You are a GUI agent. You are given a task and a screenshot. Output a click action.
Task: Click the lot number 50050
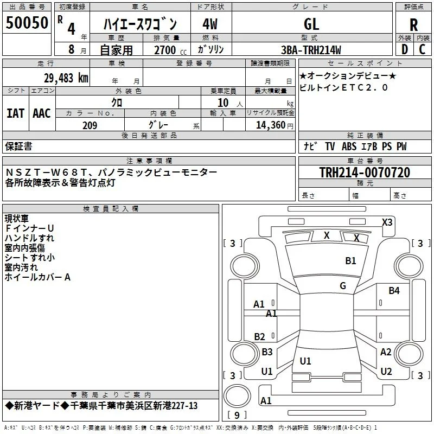27,23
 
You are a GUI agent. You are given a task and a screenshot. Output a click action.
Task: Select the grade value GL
311,24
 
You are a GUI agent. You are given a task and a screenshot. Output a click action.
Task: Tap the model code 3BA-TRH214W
311,50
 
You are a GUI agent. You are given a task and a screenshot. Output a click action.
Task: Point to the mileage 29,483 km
66,78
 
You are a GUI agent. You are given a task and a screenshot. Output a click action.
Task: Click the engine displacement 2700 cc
170,50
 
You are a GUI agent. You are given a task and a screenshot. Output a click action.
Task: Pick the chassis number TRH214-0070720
365,173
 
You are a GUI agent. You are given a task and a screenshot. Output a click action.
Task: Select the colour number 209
90,125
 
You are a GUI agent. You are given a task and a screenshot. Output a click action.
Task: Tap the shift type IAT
16,113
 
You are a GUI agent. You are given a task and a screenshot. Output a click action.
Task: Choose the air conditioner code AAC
42,113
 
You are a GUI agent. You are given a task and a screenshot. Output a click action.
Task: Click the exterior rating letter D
404,49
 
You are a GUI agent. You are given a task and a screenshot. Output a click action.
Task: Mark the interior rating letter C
422,49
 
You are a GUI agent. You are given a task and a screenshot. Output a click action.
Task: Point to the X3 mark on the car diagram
387,222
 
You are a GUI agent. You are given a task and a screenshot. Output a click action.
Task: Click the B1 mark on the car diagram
350,261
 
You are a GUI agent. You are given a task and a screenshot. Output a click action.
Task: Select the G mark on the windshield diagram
343,286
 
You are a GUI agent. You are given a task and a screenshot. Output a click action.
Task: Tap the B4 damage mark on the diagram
394,291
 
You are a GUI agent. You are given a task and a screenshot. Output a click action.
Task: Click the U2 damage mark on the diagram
386,372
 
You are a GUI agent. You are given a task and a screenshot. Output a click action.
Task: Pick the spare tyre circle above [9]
237,396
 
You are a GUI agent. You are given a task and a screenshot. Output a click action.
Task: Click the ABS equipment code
349,146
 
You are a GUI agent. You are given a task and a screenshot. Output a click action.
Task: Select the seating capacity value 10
223,103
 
